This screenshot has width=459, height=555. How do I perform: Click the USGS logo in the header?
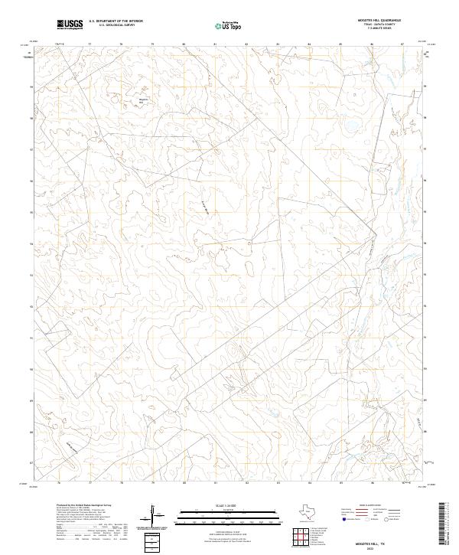70,24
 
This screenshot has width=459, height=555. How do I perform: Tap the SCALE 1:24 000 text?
216,507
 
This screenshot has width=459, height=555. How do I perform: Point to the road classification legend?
378,514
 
